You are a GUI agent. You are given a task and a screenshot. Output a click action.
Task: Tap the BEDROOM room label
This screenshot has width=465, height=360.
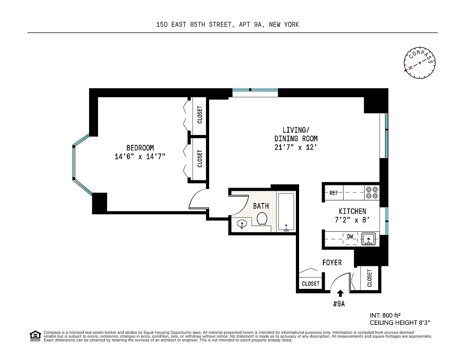tap(140, 148)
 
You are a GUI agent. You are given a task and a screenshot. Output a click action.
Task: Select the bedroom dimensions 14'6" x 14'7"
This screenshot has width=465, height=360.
tap(140, 157)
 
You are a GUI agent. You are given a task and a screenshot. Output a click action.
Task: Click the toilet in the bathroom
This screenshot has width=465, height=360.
tap(262, 219)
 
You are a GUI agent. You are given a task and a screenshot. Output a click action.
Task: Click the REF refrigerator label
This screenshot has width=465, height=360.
tap(334, 193)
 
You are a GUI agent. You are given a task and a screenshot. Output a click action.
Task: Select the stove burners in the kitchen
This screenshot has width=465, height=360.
tap(371, 193)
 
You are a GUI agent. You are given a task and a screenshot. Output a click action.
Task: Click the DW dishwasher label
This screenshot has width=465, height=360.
tap(350, 236)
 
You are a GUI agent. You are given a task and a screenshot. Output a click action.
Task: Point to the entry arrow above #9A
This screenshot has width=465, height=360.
tap(340, 294)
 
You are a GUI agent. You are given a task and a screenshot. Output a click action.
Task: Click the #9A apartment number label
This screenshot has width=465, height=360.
tap(339, 304)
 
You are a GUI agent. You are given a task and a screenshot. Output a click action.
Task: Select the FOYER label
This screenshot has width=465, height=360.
tap(332, 262)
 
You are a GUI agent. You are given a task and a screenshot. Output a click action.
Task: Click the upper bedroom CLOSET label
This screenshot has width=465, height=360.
tap(200, 115)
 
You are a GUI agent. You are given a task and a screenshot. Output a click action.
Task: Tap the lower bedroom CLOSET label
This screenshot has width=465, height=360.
tap(200, 159)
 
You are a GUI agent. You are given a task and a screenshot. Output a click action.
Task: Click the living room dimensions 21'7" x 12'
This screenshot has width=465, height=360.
tap(296, 147)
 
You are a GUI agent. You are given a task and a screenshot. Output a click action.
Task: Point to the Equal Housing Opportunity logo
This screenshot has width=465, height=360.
tap(35, 335)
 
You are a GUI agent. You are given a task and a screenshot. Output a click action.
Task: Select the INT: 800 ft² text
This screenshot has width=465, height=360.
tap(385, 315)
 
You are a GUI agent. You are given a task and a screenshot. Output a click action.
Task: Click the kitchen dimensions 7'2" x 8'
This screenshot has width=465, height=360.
tap(352, 220)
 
